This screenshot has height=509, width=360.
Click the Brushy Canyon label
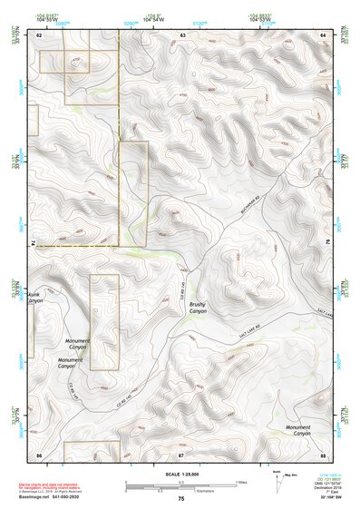198,308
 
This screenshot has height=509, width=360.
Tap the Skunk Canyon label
34,299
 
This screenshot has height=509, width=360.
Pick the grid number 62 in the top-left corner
39,34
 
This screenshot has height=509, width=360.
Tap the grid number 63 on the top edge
182,34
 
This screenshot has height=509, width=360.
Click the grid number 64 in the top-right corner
323,34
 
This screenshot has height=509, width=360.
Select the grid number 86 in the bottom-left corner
39,453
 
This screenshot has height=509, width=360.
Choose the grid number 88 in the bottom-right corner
323,453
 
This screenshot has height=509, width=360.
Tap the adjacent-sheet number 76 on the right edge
328,243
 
